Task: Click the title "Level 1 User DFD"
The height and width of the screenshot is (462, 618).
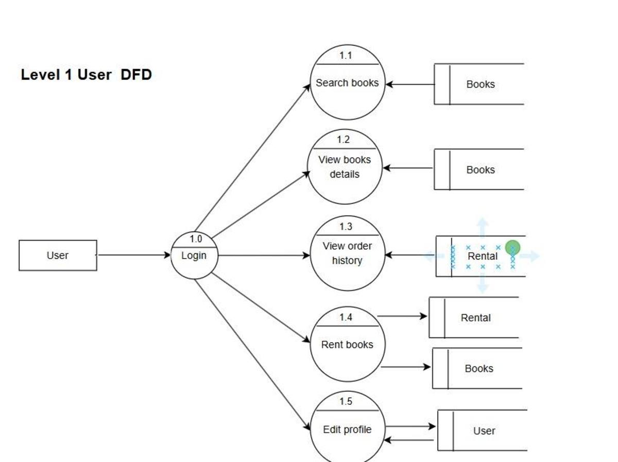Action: (x=86, y=75)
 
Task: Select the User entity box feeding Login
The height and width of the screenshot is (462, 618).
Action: (x=58, y=255)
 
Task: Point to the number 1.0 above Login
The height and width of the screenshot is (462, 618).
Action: (x=196, y=239)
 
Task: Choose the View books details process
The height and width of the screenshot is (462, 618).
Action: (x=345, y=167)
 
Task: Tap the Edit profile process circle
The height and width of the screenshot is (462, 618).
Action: (x=347, y=430)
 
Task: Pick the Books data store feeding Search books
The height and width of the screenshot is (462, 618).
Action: (x=480, y=84)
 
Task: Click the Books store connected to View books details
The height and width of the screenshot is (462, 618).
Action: (x=480, y=170)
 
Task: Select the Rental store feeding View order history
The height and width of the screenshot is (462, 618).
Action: (x=482, y=256)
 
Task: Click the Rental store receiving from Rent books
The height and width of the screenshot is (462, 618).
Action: (x=475, y=318)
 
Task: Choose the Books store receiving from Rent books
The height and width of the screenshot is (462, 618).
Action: (x=478, y=368)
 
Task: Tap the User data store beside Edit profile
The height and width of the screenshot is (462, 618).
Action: (x=484, y=431)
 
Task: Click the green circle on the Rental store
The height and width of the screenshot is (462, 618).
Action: (x=512, y=248)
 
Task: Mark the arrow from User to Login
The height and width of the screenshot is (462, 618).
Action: (x=133, y=255)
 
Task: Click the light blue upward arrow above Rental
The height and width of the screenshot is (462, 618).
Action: (x=482, y=225)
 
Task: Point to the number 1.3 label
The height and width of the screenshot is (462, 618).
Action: (x=346, y=227)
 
